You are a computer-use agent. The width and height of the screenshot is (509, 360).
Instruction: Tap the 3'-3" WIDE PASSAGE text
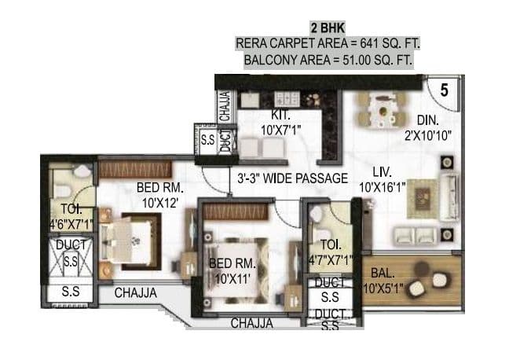292,178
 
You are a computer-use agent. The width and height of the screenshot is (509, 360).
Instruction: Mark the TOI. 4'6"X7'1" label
70,218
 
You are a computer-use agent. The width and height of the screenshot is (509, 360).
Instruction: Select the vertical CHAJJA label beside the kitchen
225,106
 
